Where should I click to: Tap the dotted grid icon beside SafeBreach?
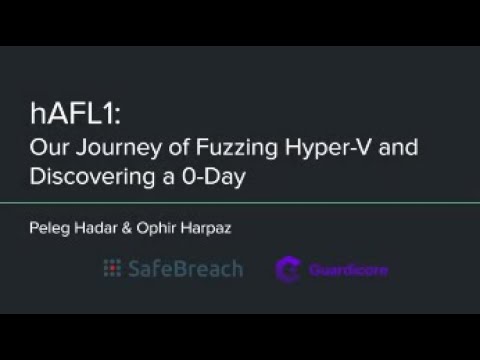[112, 268]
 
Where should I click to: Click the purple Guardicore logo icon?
[288, 269]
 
